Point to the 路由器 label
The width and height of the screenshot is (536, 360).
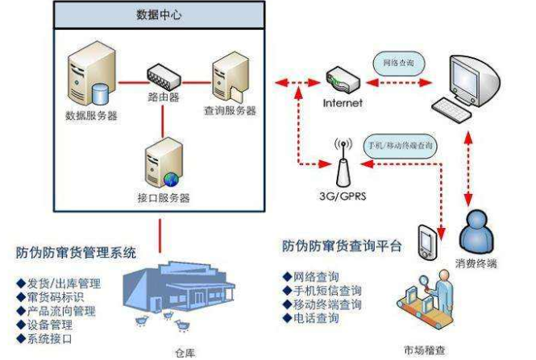pyautogui.click(x=163, y=98)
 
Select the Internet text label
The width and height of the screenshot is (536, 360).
pyautogui.click(x=343, y=103)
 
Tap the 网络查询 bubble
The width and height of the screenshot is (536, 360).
pyautogui.click(x=398, y=61)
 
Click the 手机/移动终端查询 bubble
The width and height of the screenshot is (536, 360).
pyautogui.click(x=401, y=146)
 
